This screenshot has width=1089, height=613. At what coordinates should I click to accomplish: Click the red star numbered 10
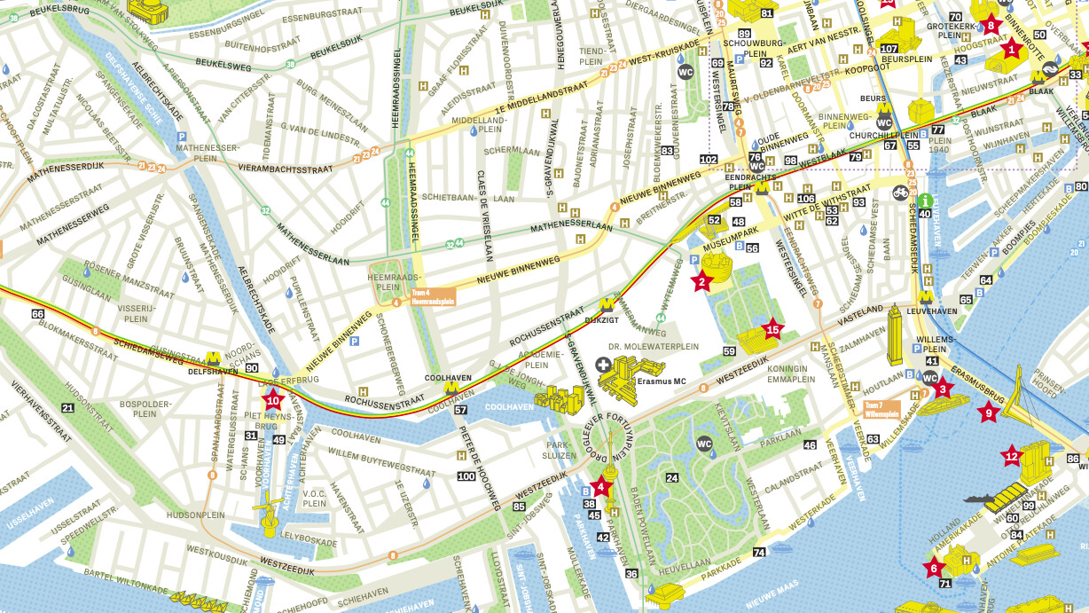point(272,399)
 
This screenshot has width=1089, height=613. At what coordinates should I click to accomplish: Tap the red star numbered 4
point(601,485)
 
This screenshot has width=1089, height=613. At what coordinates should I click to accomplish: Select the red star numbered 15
point(772,329)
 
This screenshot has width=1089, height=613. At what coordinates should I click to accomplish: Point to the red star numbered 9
point(988,411)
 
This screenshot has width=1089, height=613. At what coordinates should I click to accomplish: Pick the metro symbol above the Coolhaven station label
point(451,387)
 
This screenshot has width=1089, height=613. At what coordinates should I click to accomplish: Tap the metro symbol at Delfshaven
point(213,358)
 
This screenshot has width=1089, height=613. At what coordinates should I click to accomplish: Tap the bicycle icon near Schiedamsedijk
point(901,192)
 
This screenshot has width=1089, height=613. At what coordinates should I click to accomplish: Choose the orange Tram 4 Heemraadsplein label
point(432,296)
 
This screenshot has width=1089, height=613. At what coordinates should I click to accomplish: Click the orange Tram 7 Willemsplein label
point(881,409)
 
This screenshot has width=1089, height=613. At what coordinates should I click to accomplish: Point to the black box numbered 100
point(466,476)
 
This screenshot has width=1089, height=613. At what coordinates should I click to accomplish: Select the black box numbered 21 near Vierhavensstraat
point(68,407)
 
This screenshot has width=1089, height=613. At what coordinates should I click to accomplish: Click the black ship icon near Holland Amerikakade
point(981,499)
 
